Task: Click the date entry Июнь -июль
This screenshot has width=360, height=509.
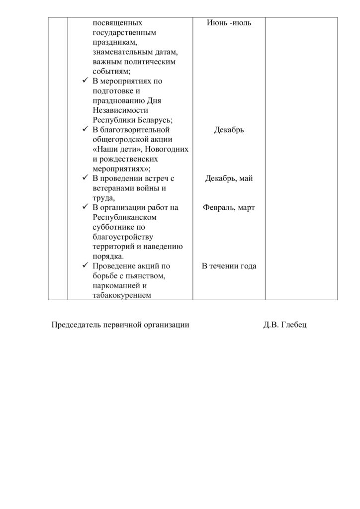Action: [x=229, y=23]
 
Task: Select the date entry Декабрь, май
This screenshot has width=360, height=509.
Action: [x=229, y=178]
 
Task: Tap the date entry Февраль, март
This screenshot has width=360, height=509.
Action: [x=229, y=208]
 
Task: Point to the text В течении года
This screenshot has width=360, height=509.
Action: [x=229, y=266]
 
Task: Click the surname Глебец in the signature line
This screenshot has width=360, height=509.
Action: [x=294, y=325]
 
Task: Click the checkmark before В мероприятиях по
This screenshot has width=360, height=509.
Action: [x=85, y=81]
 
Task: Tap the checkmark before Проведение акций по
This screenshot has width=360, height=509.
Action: [x=85, y=266]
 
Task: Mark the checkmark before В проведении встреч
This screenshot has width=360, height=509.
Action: [x=85, y=178]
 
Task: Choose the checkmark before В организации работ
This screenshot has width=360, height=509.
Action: [x=85, y=208]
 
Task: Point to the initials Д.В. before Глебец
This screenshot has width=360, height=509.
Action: [x=271, y=325]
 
